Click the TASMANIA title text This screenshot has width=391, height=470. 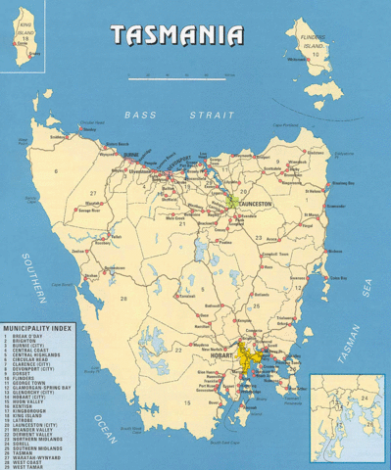tap(176, 36)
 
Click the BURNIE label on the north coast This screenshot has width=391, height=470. tap(130, 154)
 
